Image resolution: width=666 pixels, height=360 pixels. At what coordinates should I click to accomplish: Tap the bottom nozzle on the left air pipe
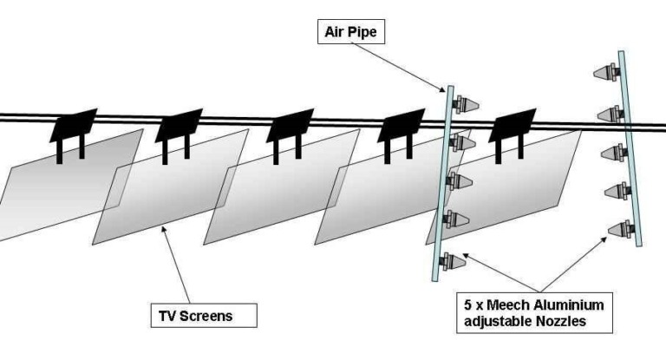(453, 258)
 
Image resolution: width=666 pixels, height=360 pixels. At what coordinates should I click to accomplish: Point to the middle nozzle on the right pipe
(612, 151)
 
